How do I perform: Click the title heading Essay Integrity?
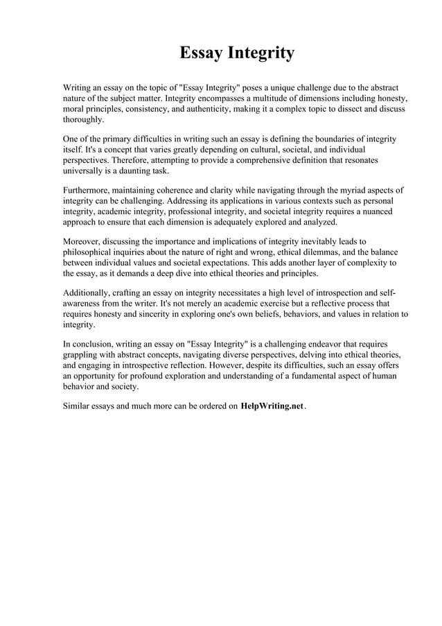click(x=237, y=53)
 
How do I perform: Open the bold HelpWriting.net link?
click(x=272, y=406)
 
